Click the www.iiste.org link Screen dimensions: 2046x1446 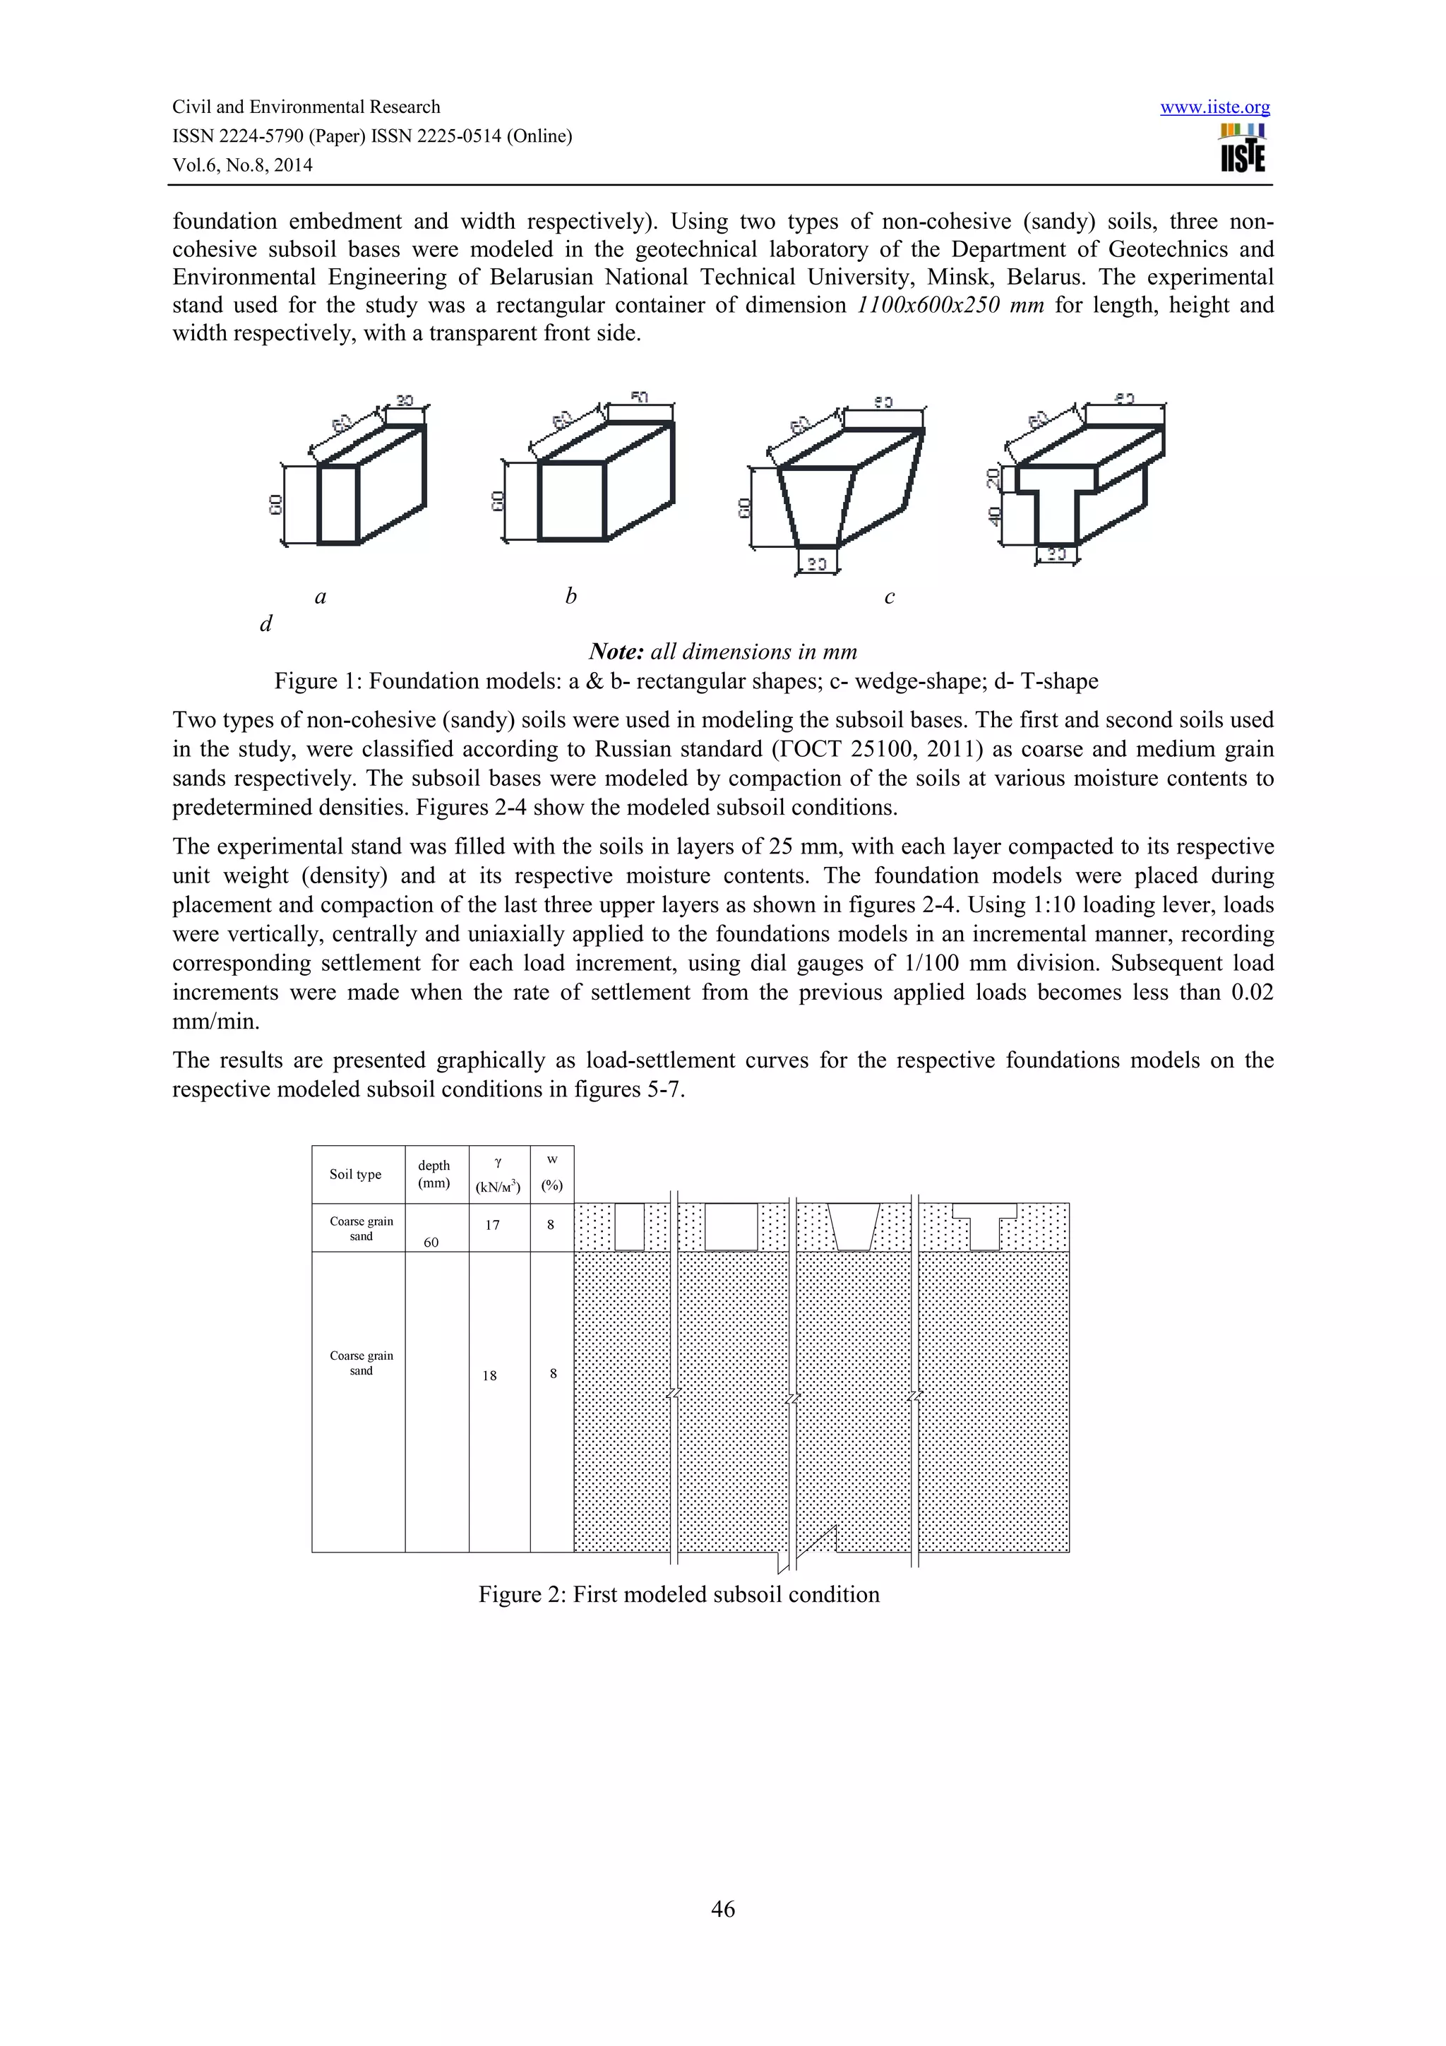(1214, 108)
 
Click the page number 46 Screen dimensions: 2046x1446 (722, 1908)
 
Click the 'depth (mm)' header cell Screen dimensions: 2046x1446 (434, 1175)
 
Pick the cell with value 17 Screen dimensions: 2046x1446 (492, 1224)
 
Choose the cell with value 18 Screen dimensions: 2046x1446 (489, 1375)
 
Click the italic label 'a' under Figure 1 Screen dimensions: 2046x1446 (321, 597)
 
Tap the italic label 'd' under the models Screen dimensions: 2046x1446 (265, 624)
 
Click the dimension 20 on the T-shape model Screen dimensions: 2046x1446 (994, 479)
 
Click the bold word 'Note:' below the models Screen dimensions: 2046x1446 (616, 652)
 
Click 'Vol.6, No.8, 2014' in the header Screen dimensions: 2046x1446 (242, 165)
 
